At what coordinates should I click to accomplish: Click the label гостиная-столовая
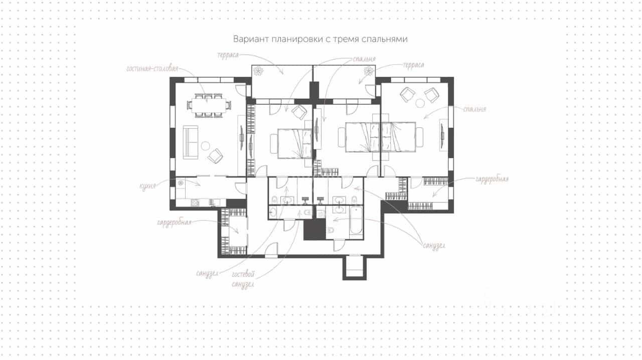coord(152,69)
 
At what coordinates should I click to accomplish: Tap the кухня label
coord(147,187)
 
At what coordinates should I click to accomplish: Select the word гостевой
coord(243,275)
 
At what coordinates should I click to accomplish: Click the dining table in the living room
coord(208,105)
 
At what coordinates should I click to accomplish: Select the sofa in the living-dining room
coord(191,142)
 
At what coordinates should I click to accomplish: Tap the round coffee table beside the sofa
coord(206,146)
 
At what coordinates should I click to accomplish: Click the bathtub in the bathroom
coord(356,221)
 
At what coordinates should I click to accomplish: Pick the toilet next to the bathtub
coord(331,230)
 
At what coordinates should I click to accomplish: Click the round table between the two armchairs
coord(420,103)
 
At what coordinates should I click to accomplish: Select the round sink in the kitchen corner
coord(181,183)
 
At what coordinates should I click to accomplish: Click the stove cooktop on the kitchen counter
coord(195,203)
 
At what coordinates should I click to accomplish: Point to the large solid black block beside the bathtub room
coord(314,229)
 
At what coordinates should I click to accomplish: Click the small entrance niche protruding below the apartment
coord(355,267)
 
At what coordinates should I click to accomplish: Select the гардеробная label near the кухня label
coord(174,223)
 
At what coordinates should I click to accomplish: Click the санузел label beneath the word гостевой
coord(243,284)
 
